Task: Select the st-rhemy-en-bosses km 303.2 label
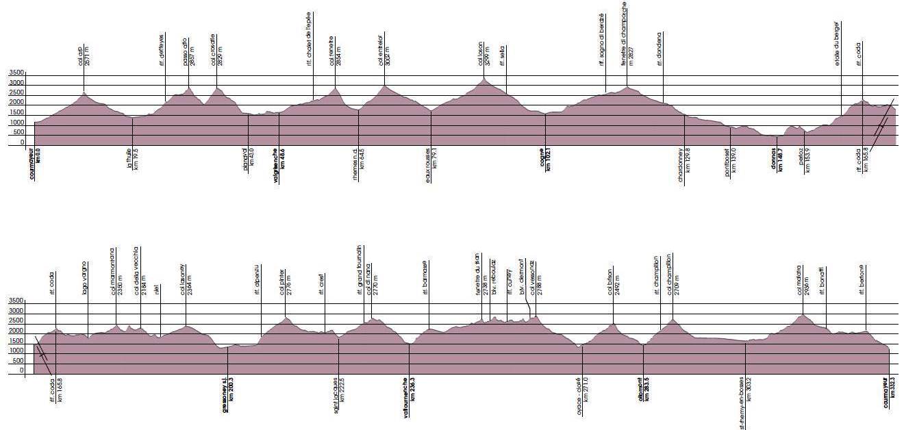click(x=746, y=403)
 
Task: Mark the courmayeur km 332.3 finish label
click(x=889, y=392)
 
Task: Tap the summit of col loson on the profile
click(x=485, y=79)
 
